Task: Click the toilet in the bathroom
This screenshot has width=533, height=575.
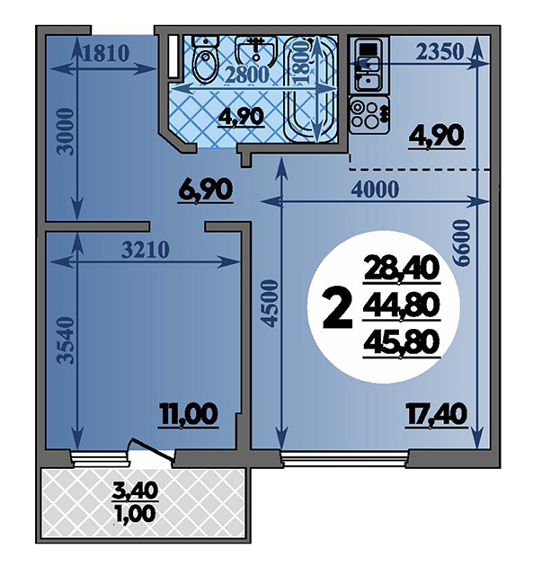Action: pyautogui.click(x=206, y=59)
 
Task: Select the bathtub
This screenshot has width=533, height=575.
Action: pyautogui.click(x=311, y=89)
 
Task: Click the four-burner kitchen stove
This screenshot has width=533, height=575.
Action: pyautogui.click(x=369, y=115)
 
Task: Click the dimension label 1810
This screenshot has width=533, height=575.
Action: pyautogui.click(x=106, y=54)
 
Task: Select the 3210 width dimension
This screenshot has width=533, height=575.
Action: pyautogui.click(x=146, y=250)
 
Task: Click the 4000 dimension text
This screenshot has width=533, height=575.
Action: pyautogui.click(x=375, y=190)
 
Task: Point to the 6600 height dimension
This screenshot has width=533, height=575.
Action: pyautogui.click(x=461, y=243)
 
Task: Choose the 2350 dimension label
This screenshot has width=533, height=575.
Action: pyautogui.click(x=440, y=52)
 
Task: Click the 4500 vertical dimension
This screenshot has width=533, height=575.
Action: pyautogui.click(x=270, y=303)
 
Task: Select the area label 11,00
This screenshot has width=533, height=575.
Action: pyautogui.click(x=189, y=415)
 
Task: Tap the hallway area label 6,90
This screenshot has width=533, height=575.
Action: pyautogui.click(x=206, y=190)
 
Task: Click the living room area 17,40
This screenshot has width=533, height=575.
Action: pyautogui.click(x=436, y=414)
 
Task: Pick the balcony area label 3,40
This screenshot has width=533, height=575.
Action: pyautogui.click(x=135, y=490)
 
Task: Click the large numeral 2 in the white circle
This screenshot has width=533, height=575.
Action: pyautogui.click(x=337, y=308)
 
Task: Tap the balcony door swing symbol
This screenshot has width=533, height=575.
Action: pyautogui.click(x=152, y=448)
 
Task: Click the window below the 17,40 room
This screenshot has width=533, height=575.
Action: pyautogui.click(x=345, y=457)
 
